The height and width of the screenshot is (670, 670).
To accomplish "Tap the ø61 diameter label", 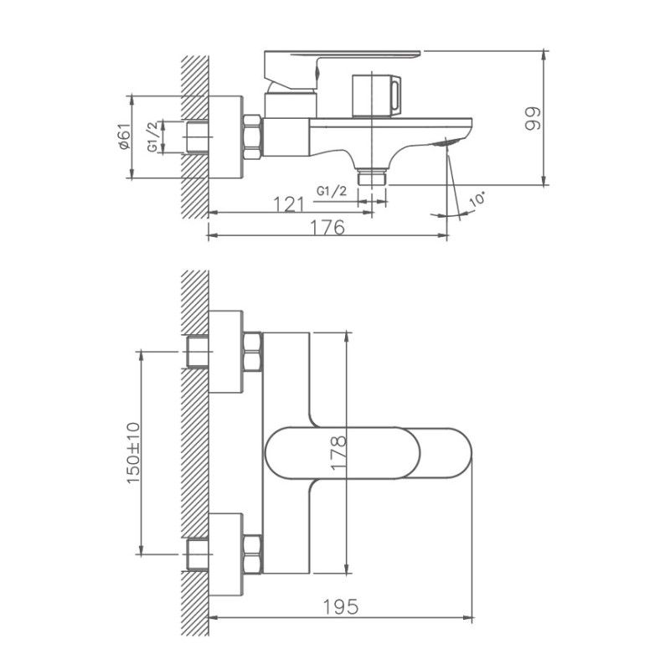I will [x=123, y=136].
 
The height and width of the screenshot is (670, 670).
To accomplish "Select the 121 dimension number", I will [x=289, y=204].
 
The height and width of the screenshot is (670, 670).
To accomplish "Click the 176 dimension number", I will [x=328, y=227].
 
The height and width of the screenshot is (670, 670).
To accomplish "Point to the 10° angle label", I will [x=477, y=201].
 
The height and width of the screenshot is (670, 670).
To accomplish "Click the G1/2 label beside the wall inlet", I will [x=152, y=136].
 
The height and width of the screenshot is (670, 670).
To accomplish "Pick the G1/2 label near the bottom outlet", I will [x=332, y=191].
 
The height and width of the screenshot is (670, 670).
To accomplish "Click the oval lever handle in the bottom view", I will [x=368, y=454].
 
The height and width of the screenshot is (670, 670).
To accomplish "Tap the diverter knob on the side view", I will [x=377, y=93].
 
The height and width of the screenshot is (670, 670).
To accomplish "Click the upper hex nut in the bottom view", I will [x=252, y=352].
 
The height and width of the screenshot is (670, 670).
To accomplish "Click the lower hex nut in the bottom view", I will [x=252, y=554].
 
